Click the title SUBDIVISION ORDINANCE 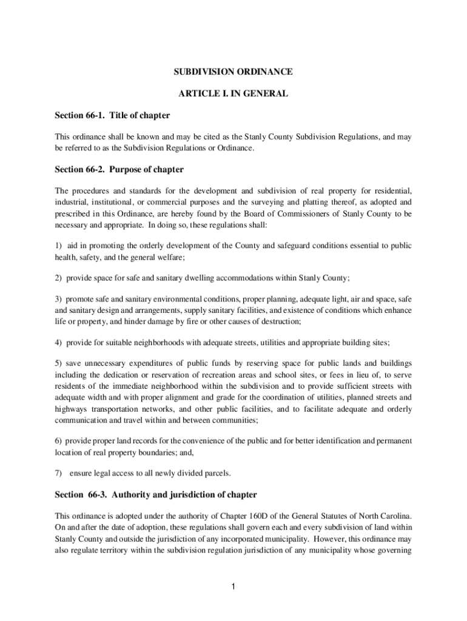(233, 72)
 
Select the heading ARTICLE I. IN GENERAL (233, 94)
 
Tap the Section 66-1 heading (112, 115)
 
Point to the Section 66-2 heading (119, 169)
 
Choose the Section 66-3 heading (156, 494)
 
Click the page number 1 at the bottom (233, 586)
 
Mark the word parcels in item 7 (217, 473)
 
